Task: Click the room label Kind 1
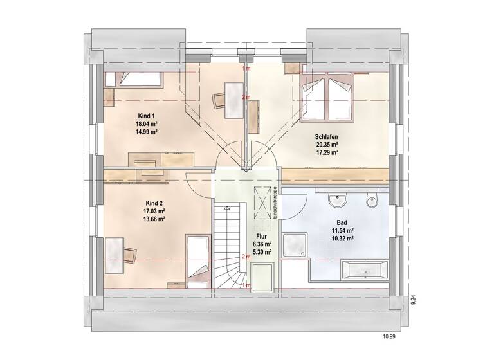click(146, 115)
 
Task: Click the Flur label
click(261, 237)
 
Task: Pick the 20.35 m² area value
click(327, 145)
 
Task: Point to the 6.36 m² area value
click(261, 244)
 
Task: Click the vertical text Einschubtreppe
click(274, 203)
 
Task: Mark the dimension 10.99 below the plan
click(390, 335)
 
